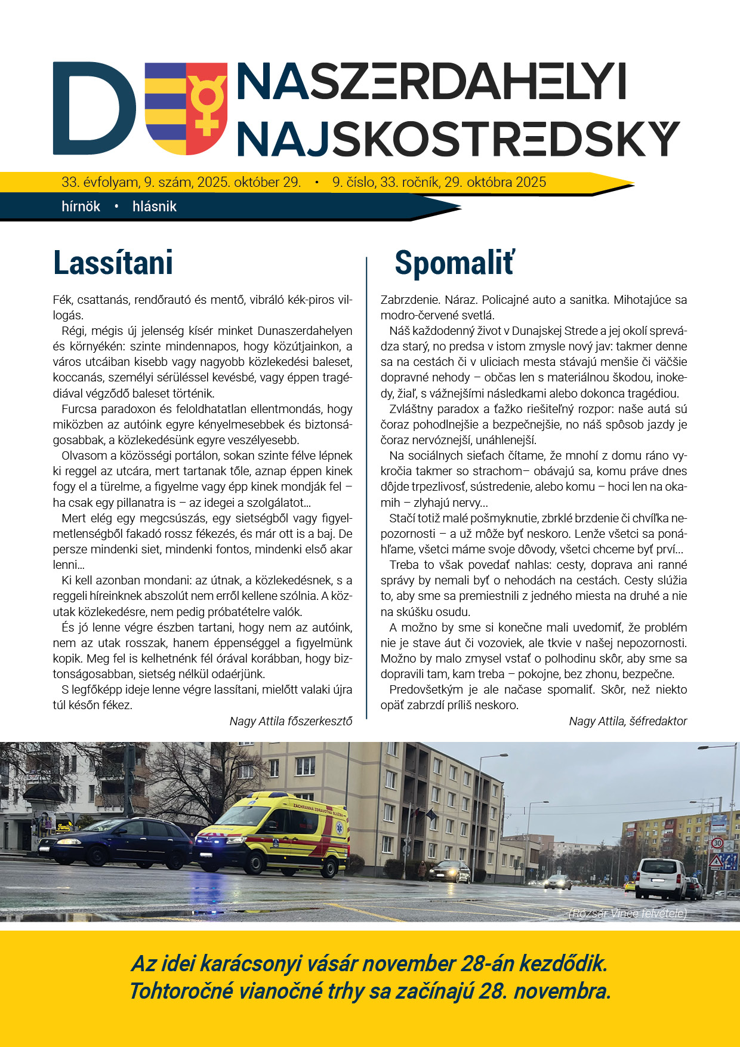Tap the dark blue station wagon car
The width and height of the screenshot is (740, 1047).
coord(116,841)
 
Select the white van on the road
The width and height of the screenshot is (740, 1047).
coord(661,878)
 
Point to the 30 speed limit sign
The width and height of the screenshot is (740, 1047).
coord(717,843)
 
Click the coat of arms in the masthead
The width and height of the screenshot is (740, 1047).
coord(186,108)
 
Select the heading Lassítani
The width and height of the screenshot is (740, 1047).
coord(113,263)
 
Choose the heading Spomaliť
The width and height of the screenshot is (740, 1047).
coord(454,263)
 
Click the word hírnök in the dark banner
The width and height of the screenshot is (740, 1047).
coord(81,207)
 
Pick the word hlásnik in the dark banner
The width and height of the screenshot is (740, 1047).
coord(155,207)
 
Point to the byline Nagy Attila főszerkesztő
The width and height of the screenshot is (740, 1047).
coord(291,721)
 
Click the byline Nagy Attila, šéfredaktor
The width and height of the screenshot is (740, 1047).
coord(628,721)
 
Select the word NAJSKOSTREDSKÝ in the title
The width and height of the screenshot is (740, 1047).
coord(458,139)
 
